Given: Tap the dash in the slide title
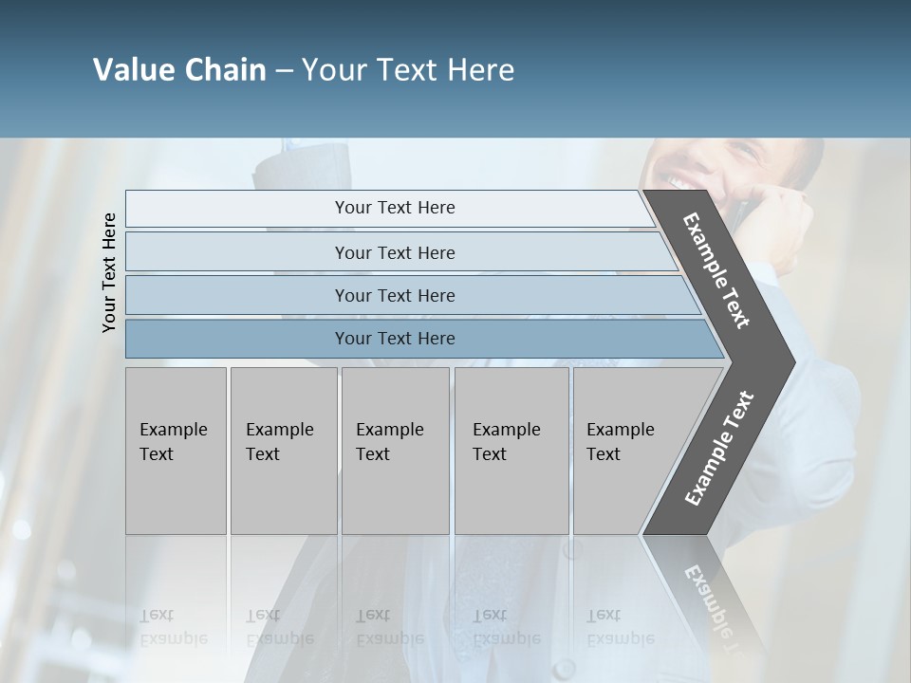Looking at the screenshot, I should pos(284,71).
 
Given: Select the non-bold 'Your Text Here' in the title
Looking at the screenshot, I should pos(408,70).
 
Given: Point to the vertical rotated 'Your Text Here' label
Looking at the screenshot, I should pos(109,272).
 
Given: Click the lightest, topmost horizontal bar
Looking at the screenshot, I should pos(389,208).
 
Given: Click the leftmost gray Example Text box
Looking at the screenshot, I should pos(176,451).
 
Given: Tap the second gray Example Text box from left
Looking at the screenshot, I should pos(283,451).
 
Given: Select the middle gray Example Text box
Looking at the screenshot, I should pos(395,451).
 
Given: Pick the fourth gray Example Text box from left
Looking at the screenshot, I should pos(511,451).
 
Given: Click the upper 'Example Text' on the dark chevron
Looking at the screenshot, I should pos(716,270).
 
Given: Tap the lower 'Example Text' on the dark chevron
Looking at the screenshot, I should pos(718,449).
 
